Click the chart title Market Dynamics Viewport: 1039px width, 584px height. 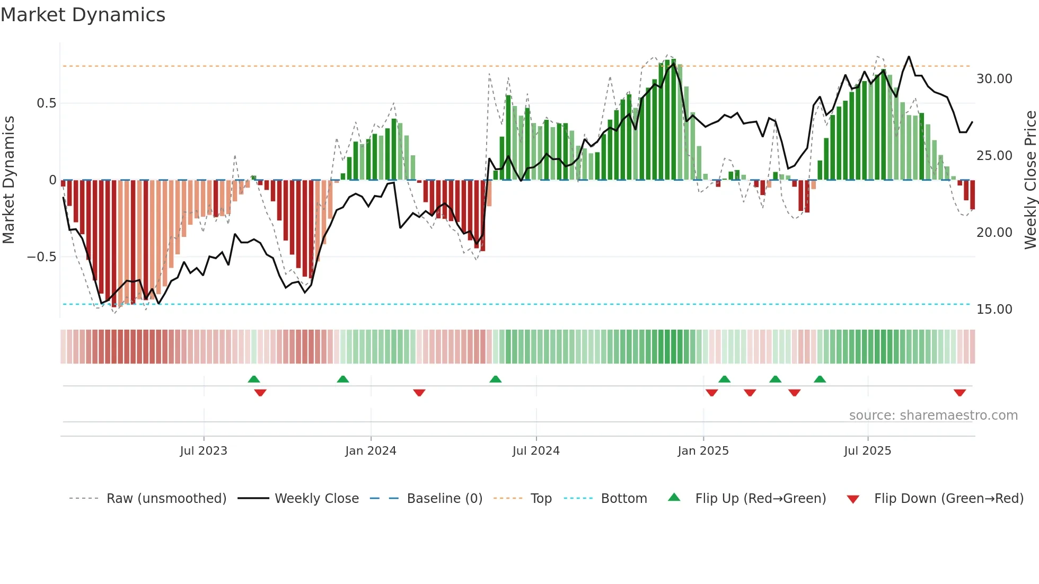pos(83,15)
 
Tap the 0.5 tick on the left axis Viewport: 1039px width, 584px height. pos(46,103)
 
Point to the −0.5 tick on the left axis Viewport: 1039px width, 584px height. pos(42,257)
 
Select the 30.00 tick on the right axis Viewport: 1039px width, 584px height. pos(994,79)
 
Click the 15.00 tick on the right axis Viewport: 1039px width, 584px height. pos(994,309)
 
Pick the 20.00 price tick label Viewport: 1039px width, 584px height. pos(994,233)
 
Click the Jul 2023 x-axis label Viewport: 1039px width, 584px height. pos(204,451)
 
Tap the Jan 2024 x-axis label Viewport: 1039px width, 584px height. pos(371,451)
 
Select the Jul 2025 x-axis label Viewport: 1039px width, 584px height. pos(867,451)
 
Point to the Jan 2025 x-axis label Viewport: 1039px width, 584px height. pos(703,451)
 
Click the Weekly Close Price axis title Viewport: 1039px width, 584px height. pos(1030,180)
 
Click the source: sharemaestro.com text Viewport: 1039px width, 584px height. pos(933,415)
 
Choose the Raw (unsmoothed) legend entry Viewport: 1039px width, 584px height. pos(166,499)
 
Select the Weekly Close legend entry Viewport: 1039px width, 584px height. pos(316,499)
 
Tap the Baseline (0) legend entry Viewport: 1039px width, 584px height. pos(444,499)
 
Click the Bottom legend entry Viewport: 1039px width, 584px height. pos(623,499)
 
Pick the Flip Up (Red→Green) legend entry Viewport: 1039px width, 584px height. pos(760,499)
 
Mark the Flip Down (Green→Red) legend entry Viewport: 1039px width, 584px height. pos(948,499)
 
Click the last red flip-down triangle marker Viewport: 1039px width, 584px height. pos(959,393)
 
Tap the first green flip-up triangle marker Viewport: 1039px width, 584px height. pos(254,379)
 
